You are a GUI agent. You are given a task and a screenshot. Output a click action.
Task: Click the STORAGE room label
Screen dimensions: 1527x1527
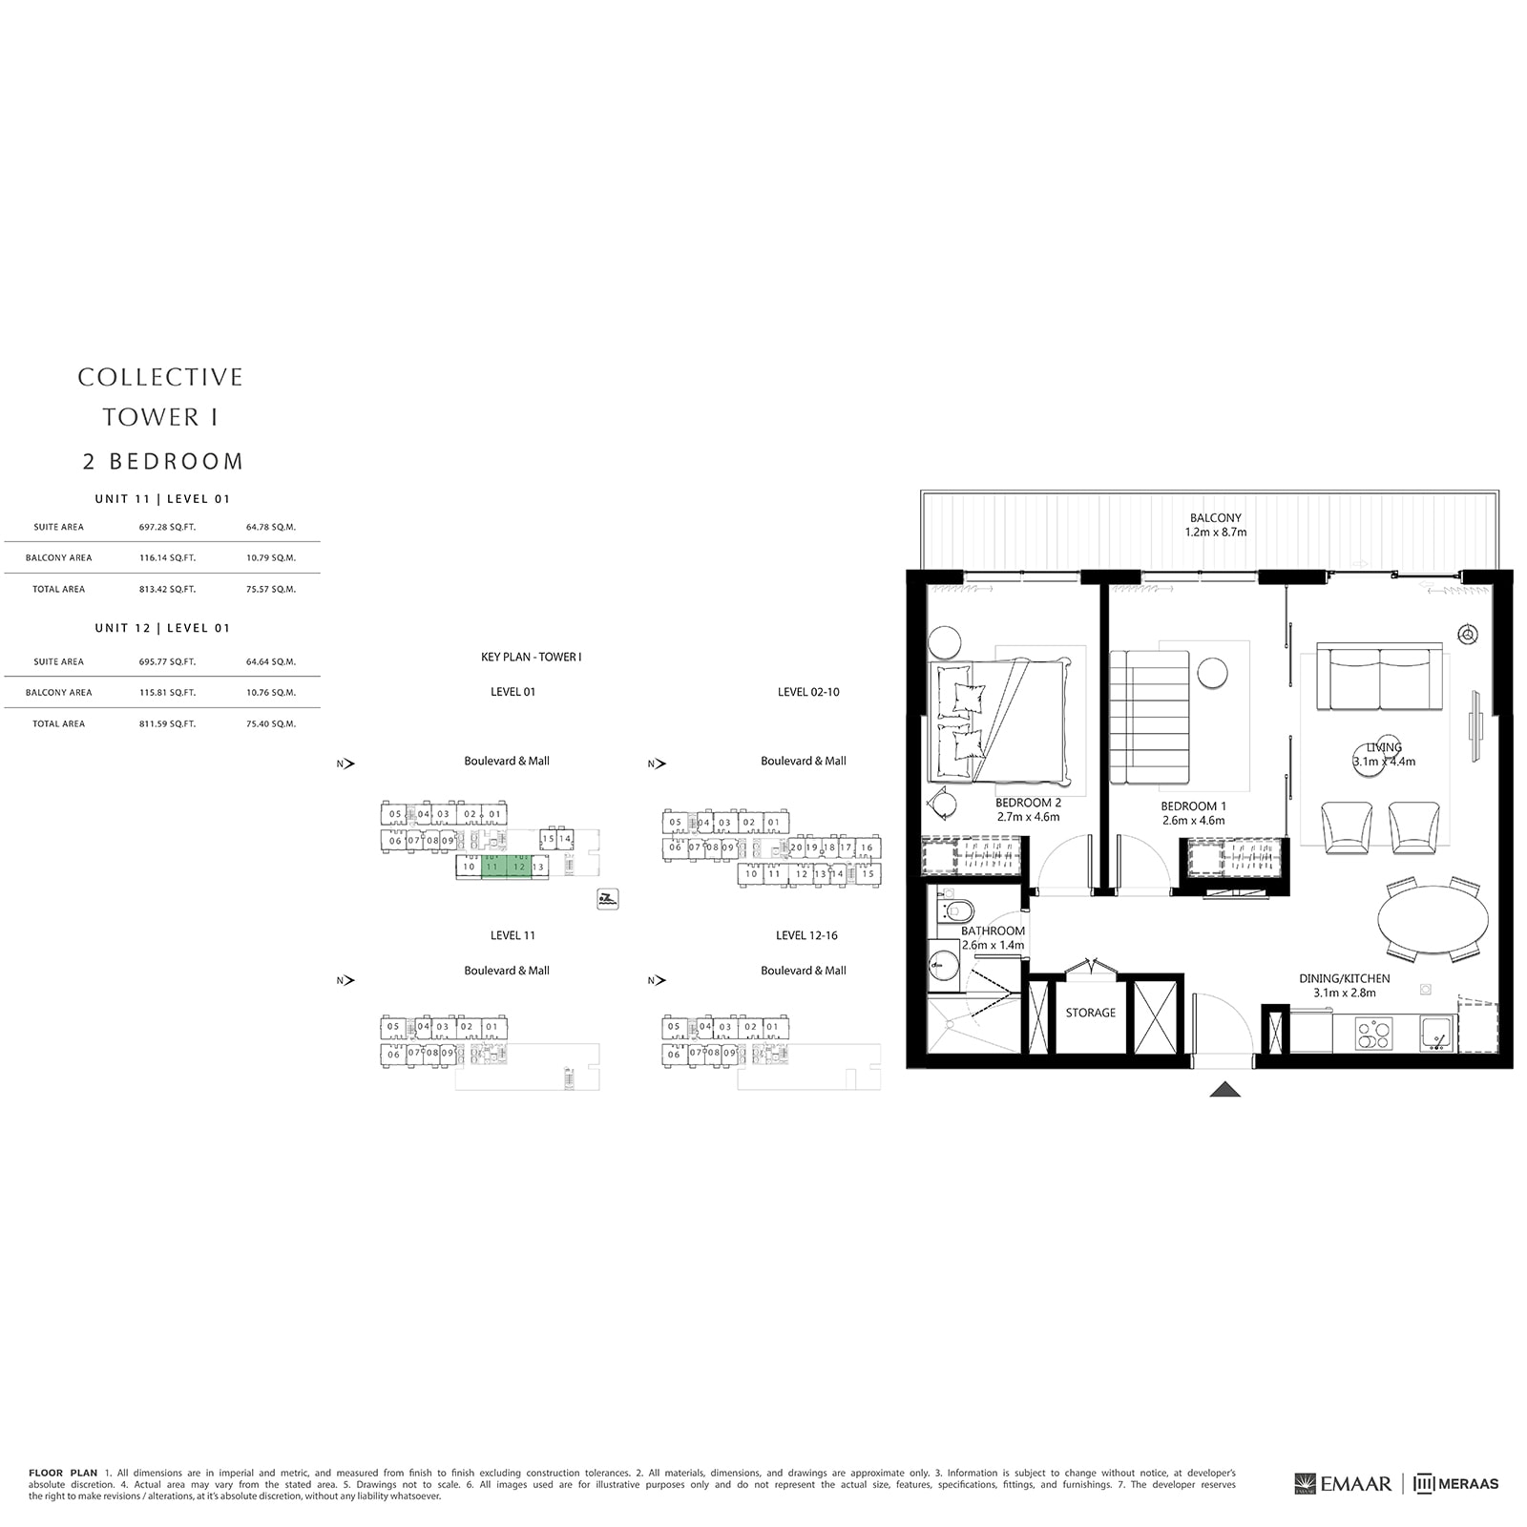click(x=1090, y=1013)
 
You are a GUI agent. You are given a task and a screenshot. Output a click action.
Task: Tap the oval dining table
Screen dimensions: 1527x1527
click(x=1433, y=920)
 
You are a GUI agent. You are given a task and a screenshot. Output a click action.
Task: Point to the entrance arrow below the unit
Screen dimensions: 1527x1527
click(x=1224, y=1090)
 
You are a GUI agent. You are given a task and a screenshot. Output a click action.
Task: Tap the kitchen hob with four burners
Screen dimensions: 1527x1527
click(x=1373, y=1034)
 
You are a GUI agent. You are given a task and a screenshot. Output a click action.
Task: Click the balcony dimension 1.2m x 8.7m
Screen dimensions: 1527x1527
click(x=1215, y=533)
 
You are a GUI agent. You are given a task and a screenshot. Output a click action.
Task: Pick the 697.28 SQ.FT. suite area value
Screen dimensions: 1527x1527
click(x=167, y=527)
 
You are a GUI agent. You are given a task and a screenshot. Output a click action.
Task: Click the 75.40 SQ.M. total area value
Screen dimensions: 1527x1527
click(x=271, y=723)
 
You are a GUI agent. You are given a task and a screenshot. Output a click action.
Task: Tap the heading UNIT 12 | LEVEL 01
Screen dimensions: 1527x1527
click(x=162, y=628)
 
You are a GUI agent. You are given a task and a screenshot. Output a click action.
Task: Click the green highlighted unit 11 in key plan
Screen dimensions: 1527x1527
click(x=493, y=868)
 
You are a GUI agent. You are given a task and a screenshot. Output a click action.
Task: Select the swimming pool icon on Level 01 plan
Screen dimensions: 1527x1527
click(x=608, y=898)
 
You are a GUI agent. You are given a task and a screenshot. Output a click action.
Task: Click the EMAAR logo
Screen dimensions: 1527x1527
click(x=1344, y=1483)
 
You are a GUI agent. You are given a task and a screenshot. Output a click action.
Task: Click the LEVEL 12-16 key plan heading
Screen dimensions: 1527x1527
click(x=806, y=935)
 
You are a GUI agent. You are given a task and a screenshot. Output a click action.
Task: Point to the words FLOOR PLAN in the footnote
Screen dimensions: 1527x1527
click(x=63, y=1473)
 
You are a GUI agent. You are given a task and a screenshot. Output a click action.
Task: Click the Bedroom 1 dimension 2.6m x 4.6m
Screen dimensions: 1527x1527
click(x=1193, y=820)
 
